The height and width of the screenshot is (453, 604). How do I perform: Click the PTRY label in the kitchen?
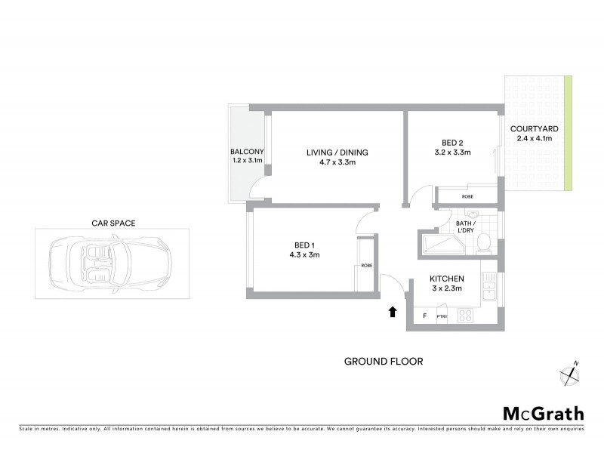[442, 316]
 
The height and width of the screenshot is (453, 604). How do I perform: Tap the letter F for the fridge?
[425, 316]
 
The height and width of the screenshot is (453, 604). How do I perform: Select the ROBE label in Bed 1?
[366, 266]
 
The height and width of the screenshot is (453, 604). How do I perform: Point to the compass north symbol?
[569, 373]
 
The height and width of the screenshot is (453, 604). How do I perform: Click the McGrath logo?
[543, 413]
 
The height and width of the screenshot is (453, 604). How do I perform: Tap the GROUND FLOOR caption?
[384, 362]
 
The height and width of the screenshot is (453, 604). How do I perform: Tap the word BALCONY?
[247, 152]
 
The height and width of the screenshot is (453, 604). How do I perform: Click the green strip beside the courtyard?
[568, 133]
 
